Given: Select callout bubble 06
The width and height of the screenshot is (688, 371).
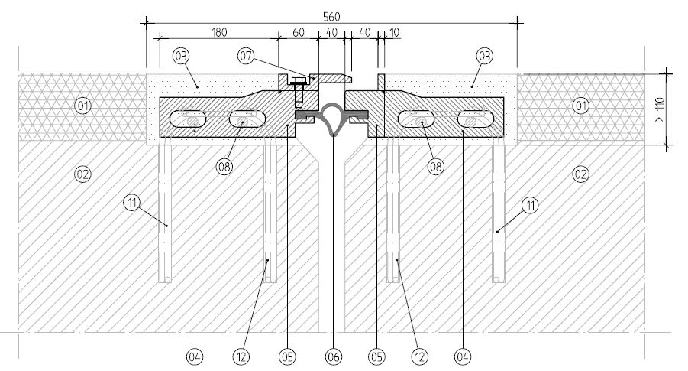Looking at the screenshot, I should [x=334, y=356].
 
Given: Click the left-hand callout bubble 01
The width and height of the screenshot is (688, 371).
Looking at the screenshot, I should [x=83, y=106].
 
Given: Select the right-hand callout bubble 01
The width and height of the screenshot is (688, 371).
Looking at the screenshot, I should [x=580, y=106].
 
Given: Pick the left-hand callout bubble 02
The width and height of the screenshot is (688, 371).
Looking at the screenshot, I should [x=83, y=174].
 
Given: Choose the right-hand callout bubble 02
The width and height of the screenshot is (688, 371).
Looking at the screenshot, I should [x=580, y=174].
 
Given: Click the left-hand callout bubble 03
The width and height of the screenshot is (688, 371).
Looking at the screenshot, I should [x=182, y=57].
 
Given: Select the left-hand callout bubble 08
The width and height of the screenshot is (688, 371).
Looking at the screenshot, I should [x=224, y=167].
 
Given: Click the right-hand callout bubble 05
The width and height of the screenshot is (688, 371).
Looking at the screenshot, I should [x=376, y=356].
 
